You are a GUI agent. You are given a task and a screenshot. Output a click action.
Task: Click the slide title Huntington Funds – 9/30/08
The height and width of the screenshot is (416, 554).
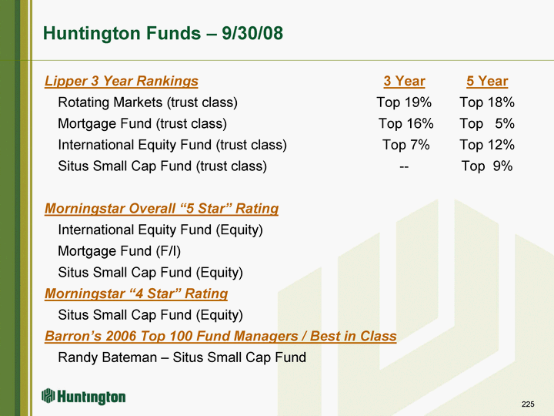pyautogui.click(x=163, y=33)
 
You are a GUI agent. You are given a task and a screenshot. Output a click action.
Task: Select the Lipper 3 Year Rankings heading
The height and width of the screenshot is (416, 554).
pyautogui.click(x=122, y=81)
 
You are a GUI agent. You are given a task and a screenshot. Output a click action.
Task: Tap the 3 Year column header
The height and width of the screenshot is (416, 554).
pyautogui.click(x=404, y=81)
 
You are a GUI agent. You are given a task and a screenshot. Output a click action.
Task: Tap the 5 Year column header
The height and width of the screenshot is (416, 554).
pyautogui.click(x=487, y=81)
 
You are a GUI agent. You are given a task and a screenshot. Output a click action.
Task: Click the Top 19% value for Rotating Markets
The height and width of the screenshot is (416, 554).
pyautogui.click(x=404, y=102)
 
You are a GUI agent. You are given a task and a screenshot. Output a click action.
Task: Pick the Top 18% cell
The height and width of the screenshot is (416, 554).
pyautogui.click(x=487, y=102)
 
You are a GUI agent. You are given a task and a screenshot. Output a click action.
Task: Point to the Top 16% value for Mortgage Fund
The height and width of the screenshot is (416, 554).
pyautogui.click(x=406, y=123)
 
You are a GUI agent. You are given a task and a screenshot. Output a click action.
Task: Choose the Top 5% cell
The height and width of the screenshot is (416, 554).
pyautogui.click(x=487, y=123)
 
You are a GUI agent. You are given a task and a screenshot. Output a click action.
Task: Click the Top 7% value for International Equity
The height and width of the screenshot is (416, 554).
pyautogui.click(x=406, y=145)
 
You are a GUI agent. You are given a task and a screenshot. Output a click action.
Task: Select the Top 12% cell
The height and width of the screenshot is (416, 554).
pyautogui.click(x=487, y=145)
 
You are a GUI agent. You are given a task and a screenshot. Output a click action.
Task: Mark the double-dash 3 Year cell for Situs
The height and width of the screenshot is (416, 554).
pyautogui.click(x=404, y=166)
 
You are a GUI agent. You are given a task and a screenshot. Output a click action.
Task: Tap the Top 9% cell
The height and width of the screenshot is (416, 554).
pyautogui.click(x=487, y=166)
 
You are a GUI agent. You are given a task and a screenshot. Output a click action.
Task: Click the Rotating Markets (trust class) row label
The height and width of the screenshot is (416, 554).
pyautogui.click(x=148, y=102)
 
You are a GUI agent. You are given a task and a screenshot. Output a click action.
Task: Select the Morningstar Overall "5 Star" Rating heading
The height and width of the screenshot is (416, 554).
pyautogui.click(x=162, y=208)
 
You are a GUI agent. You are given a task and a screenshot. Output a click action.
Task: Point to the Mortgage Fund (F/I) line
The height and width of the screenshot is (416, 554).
pyautogui.click(x=119, y=251)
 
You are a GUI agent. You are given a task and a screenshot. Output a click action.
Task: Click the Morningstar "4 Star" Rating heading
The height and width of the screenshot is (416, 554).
pyautogui.click(x=136, y=294)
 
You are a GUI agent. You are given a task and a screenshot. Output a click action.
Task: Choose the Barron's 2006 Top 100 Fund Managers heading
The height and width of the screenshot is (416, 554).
pyautogui.click(x=221, y=336)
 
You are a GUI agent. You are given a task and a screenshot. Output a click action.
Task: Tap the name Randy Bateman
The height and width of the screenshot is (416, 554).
pyautogui.click(x=108, y=357)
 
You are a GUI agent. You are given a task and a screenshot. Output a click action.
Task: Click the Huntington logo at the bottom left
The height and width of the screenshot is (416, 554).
pyautogui.click(x=83, y=397)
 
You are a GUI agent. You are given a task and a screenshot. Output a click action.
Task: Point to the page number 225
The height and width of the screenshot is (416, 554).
pyautogui.click(x=528, y=404)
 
